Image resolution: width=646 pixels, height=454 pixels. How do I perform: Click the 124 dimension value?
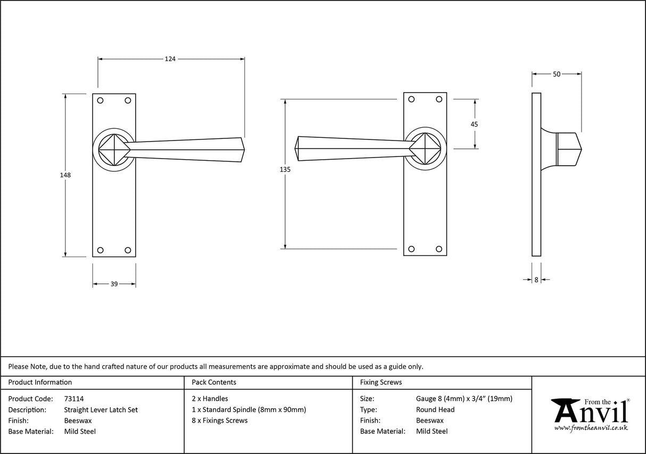[x=170, y=59]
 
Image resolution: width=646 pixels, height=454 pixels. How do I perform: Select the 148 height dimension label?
[x=65, y=175]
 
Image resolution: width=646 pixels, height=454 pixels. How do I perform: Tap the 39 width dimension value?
[x=114, y=284]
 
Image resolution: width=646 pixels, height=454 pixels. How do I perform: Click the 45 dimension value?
[x=474, y=124]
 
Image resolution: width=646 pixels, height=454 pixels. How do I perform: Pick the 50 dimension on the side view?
[x=556, y=75]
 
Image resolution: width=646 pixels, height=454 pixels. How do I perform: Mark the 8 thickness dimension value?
[x=536, y=279]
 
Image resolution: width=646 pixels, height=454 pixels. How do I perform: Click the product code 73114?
[x=73, y=399]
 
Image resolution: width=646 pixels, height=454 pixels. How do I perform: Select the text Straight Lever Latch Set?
[x=101, y=410]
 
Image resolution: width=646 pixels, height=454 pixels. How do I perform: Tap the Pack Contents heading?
[x=214, y=382]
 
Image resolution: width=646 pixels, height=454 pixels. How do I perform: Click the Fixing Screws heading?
[x=381, y=382]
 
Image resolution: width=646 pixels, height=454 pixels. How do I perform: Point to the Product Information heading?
[x=40, y=382]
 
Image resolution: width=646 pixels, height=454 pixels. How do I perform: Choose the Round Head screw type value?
[x=435, y=410]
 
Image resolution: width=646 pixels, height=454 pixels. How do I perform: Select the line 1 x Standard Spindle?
[x=249, y=410]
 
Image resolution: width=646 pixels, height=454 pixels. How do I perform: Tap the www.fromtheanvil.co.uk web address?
[x=591, y=428]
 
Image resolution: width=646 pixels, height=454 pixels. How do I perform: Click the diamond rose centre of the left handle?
[x=112, y=149]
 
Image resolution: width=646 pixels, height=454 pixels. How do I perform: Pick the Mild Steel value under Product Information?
[x=80, y=432]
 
